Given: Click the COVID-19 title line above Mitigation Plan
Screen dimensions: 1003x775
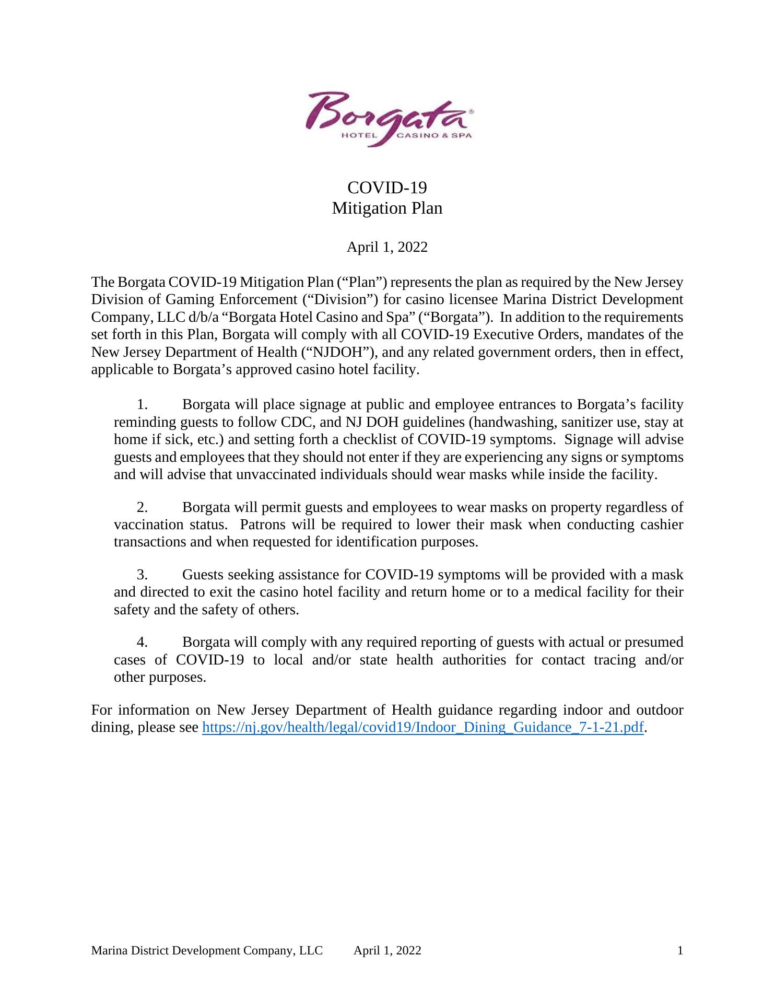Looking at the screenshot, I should click(387, 187).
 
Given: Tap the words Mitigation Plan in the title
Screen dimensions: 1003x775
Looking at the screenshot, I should click(387, 208).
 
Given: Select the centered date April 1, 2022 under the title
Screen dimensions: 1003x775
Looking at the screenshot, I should click(387, 247).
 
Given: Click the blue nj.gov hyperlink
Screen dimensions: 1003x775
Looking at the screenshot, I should click(422, 727).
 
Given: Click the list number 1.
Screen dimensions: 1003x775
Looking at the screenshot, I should click(143, 404).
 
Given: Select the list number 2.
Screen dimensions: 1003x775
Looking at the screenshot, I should click(143, 507).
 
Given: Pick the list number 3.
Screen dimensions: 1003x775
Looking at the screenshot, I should click(143, 575).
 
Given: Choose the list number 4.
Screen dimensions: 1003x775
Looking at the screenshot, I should click(143, 642).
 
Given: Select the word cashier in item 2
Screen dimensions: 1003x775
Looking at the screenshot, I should click(662, 524).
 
